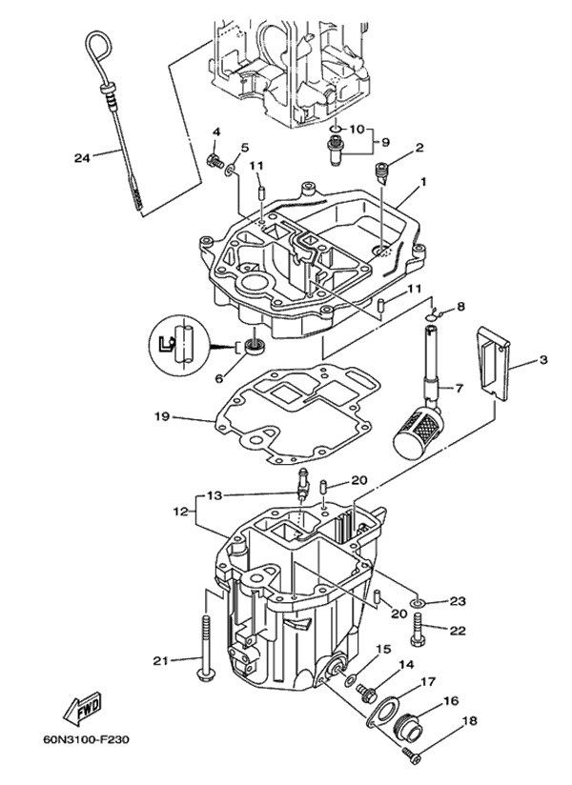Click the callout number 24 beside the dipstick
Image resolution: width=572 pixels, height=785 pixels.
pos(82,157)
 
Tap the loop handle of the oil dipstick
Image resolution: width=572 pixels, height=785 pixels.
pos(98,45)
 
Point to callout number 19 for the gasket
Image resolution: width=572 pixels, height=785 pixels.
pos(163,416)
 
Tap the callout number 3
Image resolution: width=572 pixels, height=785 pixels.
pos(543,359)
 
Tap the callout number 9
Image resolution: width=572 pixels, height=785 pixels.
pos(386,141)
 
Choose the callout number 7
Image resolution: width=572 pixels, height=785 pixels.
pos(460,389)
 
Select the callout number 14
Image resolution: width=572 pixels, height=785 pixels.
pos(406,665)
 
